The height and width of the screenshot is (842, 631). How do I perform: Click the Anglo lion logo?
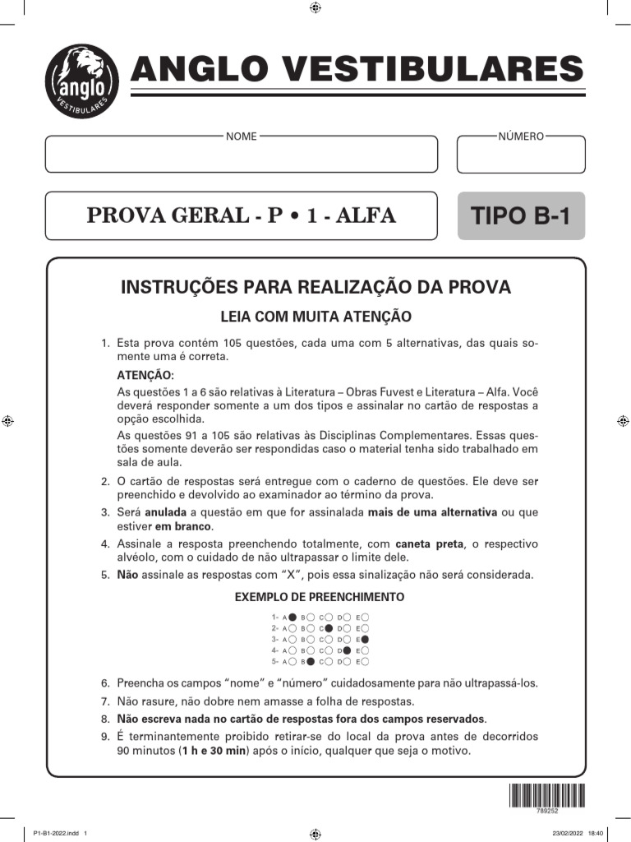click(x=81, y=81)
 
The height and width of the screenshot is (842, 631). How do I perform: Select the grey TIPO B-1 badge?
click(x=521, y=216)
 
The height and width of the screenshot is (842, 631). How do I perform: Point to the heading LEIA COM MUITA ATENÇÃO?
click(x=315, y=317)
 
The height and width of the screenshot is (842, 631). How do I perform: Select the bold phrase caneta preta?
click(x=430, y=544)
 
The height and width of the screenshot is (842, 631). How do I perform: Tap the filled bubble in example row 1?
click(x=292, y=617)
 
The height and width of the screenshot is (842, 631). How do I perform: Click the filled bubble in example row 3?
click(x=365, y=639)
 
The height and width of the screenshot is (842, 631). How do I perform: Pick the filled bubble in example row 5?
click(x=311, y=661)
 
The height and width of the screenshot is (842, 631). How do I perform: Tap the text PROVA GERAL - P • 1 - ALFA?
click(x=242, y=216)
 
